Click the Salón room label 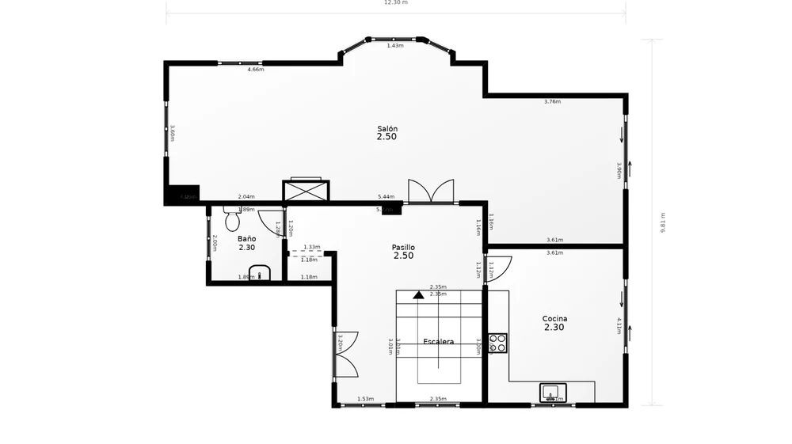387,128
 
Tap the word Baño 246,238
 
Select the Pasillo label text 403,247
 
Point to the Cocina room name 554,319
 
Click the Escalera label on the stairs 438,342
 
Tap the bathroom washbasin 260,275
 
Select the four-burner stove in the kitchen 498,343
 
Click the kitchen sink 552,391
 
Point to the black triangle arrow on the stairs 418,295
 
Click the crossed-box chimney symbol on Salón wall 306,191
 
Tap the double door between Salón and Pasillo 431,192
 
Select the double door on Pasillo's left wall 347,354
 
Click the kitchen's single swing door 497,268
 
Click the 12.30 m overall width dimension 395,2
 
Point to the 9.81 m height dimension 662,222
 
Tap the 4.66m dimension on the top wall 255,70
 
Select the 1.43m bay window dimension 395,46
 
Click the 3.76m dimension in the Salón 552,102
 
